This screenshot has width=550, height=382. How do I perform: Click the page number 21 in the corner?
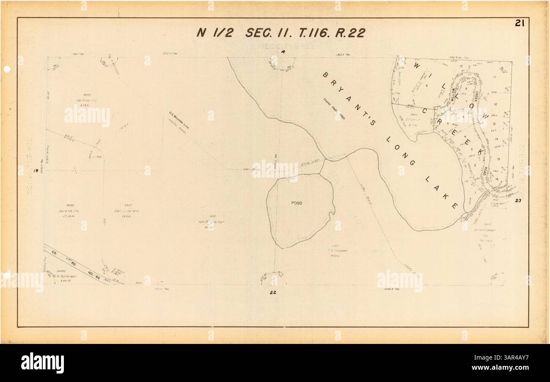coord(520,24)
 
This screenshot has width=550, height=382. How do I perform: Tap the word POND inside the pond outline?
coord(297,203)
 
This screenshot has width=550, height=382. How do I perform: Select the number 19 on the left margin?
coord(36,171)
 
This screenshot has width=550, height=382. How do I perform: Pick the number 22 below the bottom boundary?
coord(273,292)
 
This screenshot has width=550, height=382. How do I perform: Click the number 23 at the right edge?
coord(518,201)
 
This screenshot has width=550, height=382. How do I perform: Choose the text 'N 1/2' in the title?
coord(214,33)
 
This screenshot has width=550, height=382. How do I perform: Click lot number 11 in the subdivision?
coord(494,77)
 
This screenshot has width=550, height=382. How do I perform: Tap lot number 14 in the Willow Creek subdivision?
coord(496,139)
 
